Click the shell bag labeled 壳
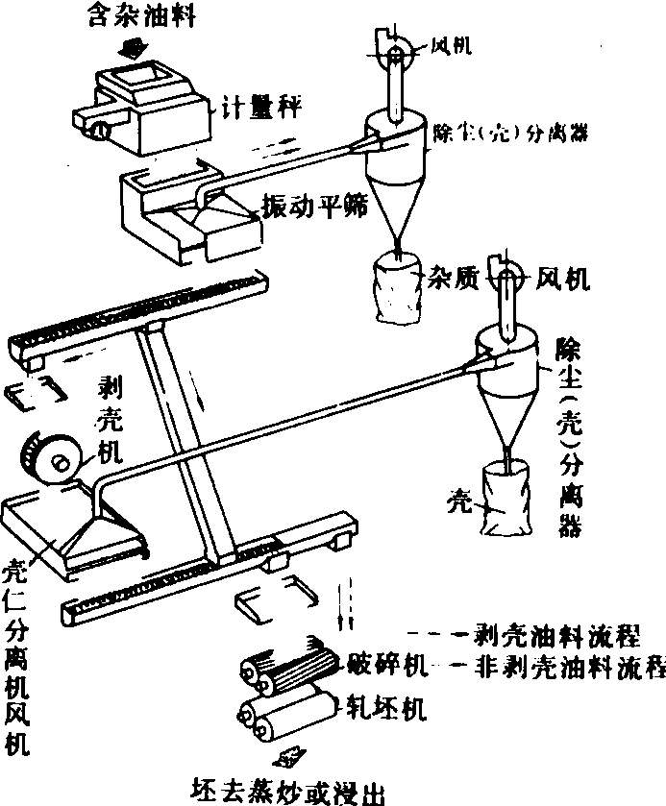[x=509, y=500]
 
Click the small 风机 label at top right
[x=450, y=45]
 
